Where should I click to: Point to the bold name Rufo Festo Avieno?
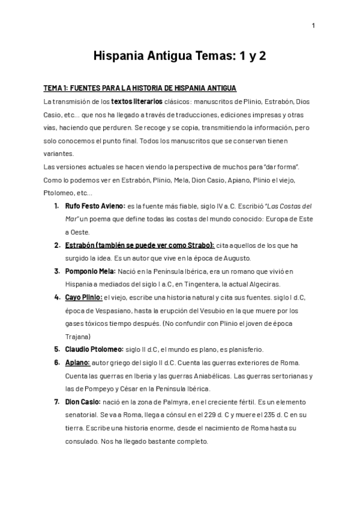click(x=95, y=206)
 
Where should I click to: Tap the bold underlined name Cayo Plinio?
click(x=83, y=297)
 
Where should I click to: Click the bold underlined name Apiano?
click(x=77, y=363)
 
